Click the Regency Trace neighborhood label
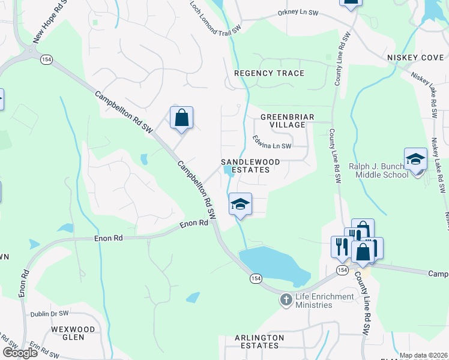click(269, 73)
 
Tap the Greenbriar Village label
click(287, 121)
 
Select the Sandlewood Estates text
click(246, 166)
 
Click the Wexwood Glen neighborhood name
click(73, 334)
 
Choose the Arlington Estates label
click(259, 342)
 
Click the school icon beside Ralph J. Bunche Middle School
click(415, 160)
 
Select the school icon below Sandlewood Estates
click(240, 205)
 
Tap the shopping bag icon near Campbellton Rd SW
click(181, 118)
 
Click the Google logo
click(19, 352)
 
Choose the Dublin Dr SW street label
click(52, 314)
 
